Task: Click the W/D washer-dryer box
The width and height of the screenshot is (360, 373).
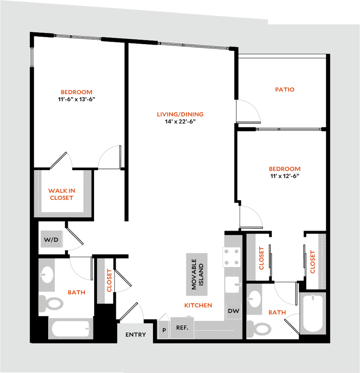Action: click(51, 240)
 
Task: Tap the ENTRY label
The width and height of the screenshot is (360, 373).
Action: click(135, 335)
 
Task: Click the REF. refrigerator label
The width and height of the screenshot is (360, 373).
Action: click(182, 328)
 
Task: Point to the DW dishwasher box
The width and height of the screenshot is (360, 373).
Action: click(233, 311)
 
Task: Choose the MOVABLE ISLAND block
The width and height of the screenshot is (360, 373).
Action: click(197, 274)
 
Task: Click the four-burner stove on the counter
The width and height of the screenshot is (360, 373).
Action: click(232, 257)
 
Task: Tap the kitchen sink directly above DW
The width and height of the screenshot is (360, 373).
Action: click(232, 285)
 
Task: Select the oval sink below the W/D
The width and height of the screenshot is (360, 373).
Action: click(47, 274)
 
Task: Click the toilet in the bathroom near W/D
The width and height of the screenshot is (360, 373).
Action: click(51, 304)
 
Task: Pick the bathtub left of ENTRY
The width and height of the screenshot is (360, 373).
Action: click(71, 328)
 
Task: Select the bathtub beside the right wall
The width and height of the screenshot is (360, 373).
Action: click(313, 313)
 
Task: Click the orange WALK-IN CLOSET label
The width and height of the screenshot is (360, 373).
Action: click(62, 194)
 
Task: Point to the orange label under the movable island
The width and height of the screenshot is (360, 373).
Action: click(198, 305)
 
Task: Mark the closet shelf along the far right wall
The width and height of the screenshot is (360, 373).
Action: click(321, 261)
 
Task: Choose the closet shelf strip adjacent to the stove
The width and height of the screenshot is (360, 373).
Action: click(251, 257)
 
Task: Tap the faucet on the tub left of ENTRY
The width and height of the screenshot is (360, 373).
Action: click(87, 329)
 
